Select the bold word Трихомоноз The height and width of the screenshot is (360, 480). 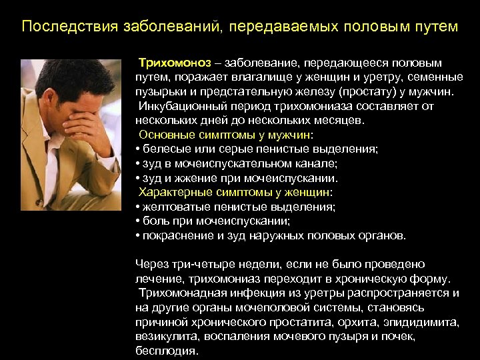[x=175, y=63]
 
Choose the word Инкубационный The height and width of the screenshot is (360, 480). [x=178, y=106]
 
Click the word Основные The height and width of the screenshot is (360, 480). [x=162, y=135]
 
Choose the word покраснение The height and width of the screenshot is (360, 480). [x=171, y=235]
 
